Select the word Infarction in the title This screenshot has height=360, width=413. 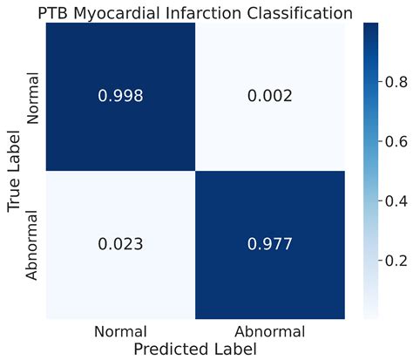coord(213,13)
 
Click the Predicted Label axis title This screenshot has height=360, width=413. coord(194,349)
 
